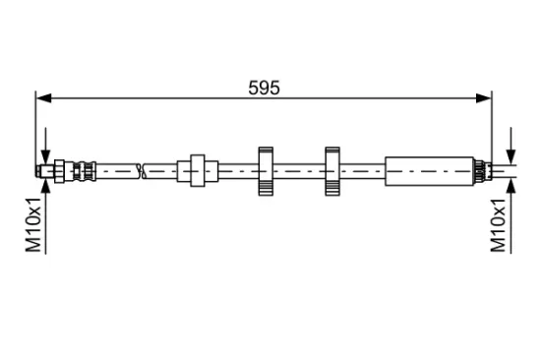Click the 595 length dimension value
click(x=264, y=88)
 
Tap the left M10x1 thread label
click(x=33, y=225)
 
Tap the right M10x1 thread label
click(x=499, y=225)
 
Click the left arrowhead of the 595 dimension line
click(x=44, y=98)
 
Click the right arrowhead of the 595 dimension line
click(x=483, y=98)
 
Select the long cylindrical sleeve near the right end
click(x=429, y=171)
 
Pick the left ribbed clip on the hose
click(x=266, y=171)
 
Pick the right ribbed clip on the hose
click(x=332, y=171)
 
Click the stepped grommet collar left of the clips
click(x=198, y=171)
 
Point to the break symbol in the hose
click(x=142, y=171)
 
